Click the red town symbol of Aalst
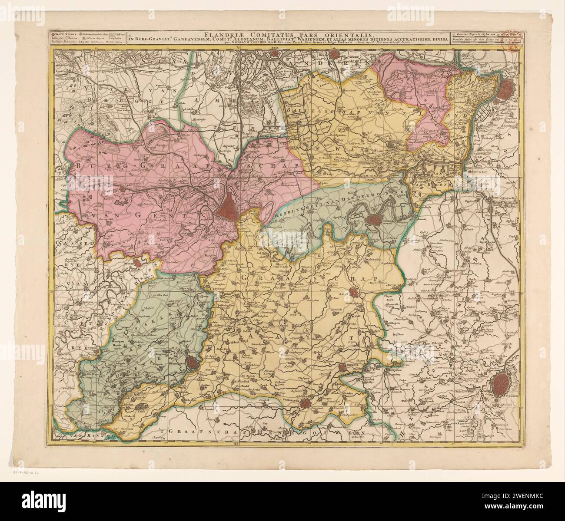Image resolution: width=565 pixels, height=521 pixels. [x=354, y=294]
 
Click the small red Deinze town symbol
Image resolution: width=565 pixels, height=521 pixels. [x=137, y=262]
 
